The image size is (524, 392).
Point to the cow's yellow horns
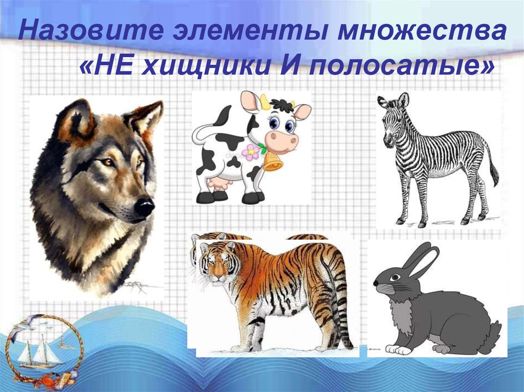(x=265, y=101)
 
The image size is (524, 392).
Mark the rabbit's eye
(x=395, y=276)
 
